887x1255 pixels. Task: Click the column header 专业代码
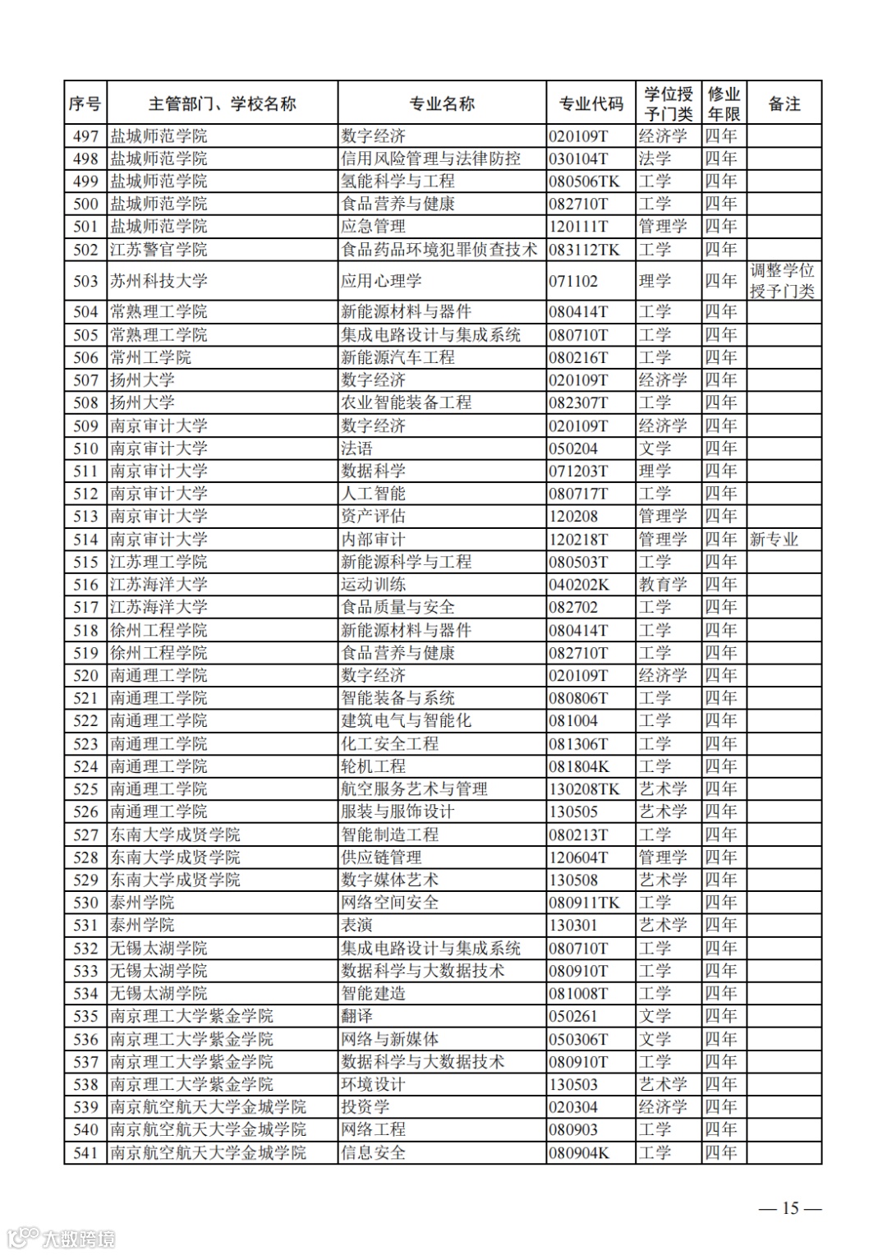pyautogui.click(x=591, y=103)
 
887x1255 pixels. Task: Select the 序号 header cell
pyautogui.click(x=85, y=103)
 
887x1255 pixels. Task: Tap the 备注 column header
pyautogui.click(x=784, y=103)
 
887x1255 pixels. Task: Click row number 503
pyautogui.click(x=85, y=281)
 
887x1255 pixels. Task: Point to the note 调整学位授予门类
pyautogui.click(x=782, y=281)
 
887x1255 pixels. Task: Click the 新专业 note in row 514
pyautogui.click(x=774, y=540)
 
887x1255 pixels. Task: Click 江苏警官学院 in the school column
pyautogui.click(x=159, y=250)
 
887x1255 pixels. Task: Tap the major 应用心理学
pyautogui.click(x=381, y=281)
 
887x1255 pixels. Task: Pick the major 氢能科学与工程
pyautogui.click(x=398, y=182)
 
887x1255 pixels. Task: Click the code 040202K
pyautogui.click(x=579, y=585)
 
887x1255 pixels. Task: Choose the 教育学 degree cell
pyautogui.click(x=663, y=585)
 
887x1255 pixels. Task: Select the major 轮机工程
pyautogui.click(x=373, y=766)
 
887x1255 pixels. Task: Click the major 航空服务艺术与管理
pyautogui.click(x=414, y=789)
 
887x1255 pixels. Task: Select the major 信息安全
pyautogui.click(x=373, y=1152)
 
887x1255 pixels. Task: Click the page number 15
pyautogui.click(x=790, y=1207)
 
